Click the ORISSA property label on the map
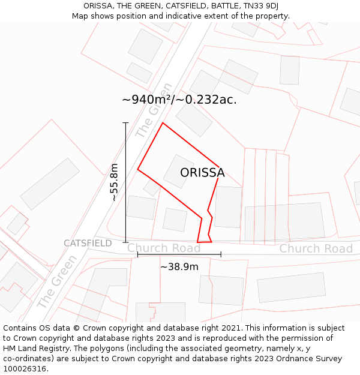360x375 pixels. tap(202, 173)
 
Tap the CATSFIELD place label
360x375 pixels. tap(88, 243)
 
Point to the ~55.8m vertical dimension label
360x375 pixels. tap(114, 182)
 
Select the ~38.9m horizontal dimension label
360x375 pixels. tap(179, 266)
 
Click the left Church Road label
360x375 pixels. tap(163, 248)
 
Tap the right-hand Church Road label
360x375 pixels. tap(316, 248)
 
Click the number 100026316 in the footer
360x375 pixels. tap(26, 369)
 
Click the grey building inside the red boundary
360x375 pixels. tap(178, 171)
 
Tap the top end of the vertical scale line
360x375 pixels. tap(125, 122)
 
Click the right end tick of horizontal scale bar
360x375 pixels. tap(221, 254)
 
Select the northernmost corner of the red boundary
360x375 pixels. tap(163, 123)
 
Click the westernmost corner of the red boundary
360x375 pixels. tap(138, 169)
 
